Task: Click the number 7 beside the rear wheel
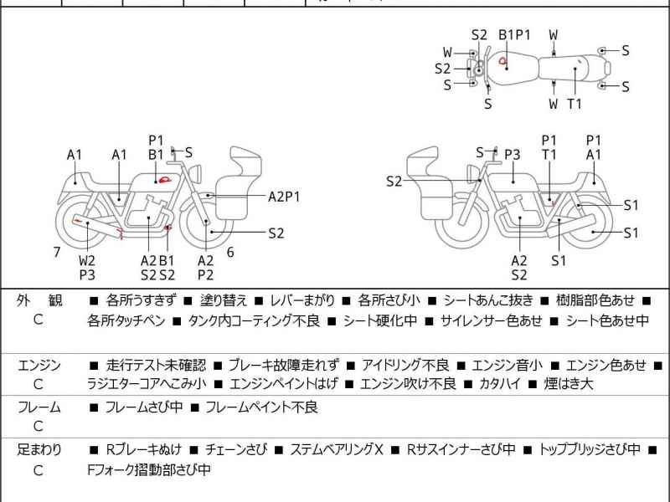click(x=56, y=251)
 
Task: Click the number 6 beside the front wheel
click(x=229, y=251)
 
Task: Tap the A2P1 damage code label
click(x=284, y=197)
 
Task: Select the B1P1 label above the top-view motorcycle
click(x=515, y=34)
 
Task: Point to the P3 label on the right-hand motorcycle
click(x=512, y=154)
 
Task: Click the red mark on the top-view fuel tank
click(x=502, y=60)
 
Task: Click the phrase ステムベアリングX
click(x=336, y=449)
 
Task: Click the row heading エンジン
click(x=39, y=365)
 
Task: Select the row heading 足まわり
click(x=39, y=449)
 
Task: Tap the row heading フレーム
click(x=39, y=407)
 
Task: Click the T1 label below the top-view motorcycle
click(x=575, y=104)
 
